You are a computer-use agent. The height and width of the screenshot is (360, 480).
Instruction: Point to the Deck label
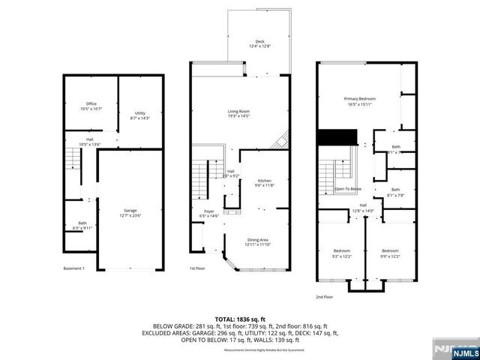pyautogui.click(x=259, y=43)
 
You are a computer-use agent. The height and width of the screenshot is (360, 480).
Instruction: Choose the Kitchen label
pyautogui.click(x=264, y=182)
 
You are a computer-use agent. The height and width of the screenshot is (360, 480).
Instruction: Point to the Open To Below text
pyautogui.click(x=347, y=189)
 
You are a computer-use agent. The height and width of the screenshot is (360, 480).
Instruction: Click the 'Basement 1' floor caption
pyautogui.click(x=73, y=268)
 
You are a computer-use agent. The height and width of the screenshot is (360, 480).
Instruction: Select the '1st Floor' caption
pyautogui.click(x=198, y=268)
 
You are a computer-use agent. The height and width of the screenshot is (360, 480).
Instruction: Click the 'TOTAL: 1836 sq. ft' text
pyautogui.click(x=239, y=319)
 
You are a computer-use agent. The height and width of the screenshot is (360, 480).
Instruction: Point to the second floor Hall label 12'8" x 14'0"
pyautogui.click(x=363, y=208)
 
